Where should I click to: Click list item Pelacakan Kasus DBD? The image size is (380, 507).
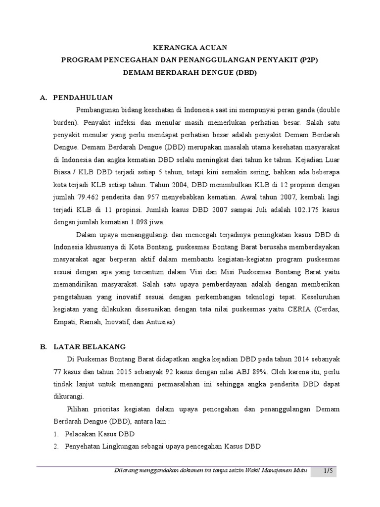[x=99, y=434]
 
